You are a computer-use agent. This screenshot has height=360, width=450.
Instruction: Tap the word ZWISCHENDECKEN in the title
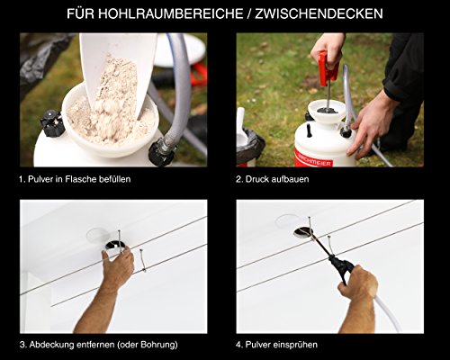[319, 14]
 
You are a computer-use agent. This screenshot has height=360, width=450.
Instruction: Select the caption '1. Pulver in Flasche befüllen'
[75, 179]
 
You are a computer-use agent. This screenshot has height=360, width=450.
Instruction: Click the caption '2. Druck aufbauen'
[273, 179]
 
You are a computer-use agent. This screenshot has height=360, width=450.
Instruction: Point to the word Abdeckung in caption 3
[51, 345]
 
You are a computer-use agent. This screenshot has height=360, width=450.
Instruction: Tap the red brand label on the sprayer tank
[314, 160]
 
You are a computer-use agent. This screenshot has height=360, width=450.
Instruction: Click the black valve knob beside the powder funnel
[52, 123]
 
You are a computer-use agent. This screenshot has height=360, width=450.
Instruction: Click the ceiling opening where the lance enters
[303, 233]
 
